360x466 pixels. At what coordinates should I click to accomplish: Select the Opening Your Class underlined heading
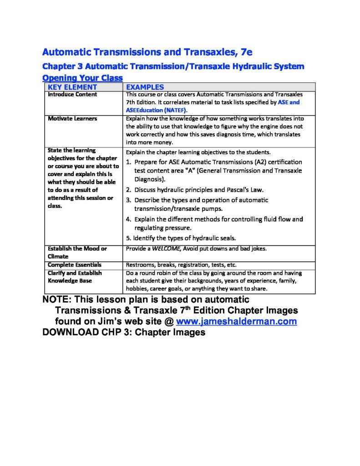[82, 78]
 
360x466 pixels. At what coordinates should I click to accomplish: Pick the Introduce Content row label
[72, 95]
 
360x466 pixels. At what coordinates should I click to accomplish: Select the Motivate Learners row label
[72, 119]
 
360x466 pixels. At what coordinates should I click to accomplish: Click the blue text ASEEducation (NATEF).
[157, 110]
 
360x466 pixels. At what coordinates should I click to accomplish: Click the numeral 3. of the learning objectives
[129, 200]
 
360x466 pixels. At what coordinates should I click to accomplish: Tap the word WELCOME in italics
[166, 249]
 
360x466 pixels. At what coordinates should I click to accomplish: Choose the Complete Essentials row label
[75, 265]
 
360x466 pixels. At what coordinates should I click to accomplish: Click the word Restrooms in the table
[140, 265]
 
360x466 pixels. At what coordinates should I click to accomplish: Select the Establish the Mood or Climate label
[77, 253]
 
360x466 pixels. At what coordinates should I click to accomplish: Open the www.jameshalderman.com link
[236, 322]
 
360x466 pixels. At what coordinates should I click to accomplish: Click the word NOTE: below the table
[56, 300]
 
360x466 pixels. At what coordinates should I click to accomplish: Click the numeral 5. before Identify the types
[129, 238]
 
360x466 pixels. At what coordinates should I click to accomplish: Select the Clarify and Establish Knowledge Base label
[75, 277]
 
